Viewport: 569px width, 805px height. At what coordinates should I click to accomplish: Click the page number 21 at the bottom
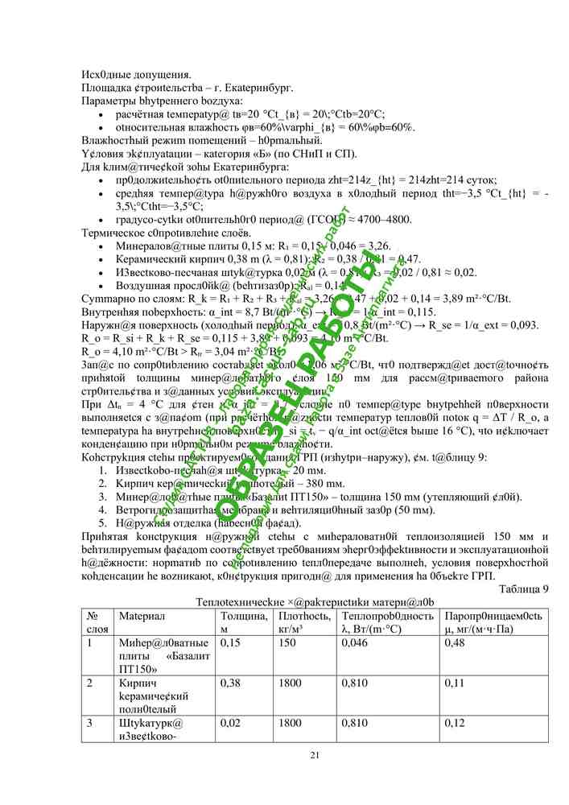click(315, 754)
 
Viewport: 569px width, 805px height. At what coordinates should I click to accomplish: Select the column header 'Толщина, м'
click(243, 621)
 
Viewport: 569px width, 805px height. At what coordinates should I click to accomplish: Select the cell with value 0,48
click(455, 642)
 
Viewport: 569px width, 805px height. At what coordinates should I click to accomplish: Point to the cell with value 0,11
click(454, 683)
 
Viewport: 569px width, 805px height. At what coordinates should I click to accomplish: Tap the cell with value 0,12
click(455, 723)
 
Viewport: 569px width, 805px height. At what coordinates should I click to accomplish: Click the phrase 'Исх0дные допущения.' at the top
click(136, 75)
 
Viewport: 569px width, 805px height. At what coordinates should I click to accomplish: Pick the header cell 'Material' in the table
click(142, 615)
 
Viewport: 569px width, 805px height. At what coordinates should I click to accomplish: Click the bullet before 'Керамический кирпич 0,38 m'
click(99, 259)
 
